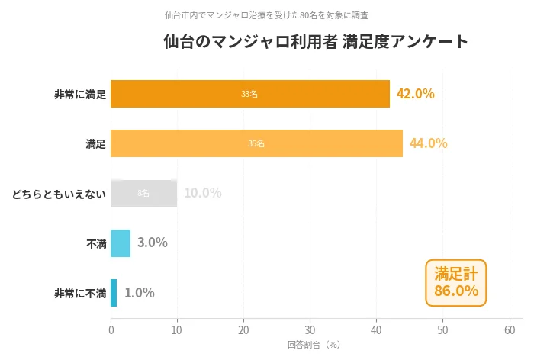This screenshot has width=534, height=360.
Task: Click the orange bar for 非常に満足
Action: (250, 94)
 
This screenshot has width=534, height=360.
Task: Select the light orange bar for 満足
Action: (256, 143)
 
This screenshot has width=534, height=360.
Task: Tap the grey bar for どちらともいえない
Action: (144, 193)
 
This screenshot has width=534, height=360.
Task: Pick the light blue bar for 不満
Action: (121, 243)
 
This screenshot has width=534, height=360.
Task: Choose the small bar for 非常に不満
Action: (114, 293)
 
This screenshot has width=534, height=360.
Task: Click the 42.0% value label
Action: (416, 94)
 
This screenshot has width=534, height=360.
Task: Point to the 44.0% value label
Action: (429, 143)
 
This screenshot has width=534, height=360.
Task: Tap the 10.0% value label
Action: (202, 193)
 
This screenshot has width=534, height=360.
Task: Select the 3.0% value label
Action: (153, 243)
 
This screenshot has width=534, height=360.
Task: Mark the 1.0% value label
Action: (140, 293)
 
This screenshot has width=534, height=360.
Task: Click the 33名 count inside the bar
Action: (249, 94)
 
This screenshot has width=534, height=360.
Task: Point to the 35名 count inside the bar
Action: (256, 143)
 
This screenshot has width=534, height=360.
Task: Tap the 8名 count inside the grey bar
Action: (143, 193)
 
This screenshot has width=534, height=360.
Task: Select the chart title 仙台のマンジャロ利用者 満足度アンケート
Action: (316, 42)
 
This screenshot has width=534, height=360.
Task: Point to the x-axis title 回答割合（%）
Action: (314, 345)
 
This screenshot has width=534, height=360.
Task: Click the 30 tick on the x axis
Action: (310, 329)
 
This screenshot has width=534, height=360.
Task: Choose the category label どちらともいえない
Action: (59, 194)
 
